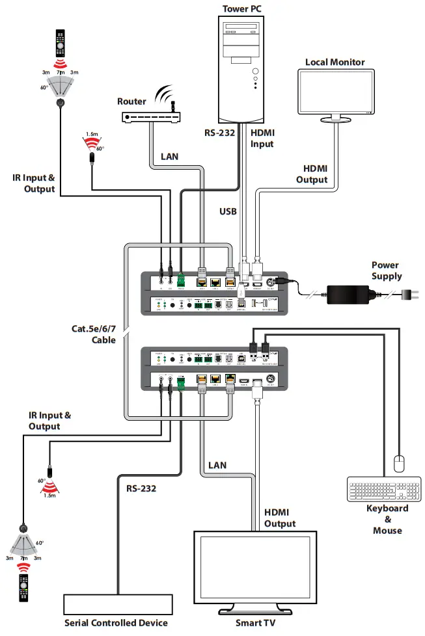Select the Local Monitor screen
point(335,93)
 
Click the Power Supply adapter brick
point(351,293)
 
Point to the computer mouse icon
point(400,463)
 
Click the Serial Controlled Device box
point(116,605)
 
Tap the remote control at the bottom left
point(25,586)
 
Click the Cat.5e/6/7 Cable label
point(93,334)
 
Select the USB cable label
point(227,211)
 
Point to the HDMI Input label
point(263,137)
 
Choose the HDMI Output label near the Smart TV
point(280,518)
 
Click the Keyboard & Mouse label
point(387,519)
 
